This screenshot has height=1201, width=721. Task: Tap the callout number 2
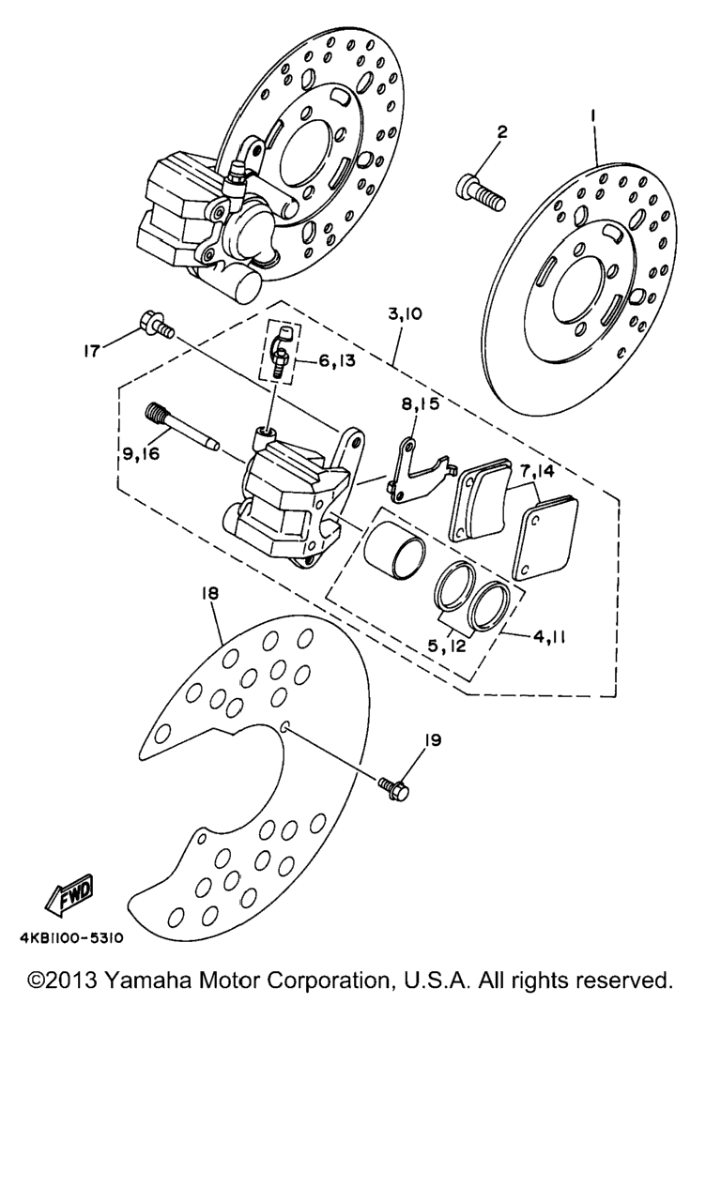502,132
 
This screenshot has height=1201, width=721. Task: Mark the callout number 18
208,594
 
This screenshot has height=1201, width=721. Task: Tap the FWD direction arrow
71,898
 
